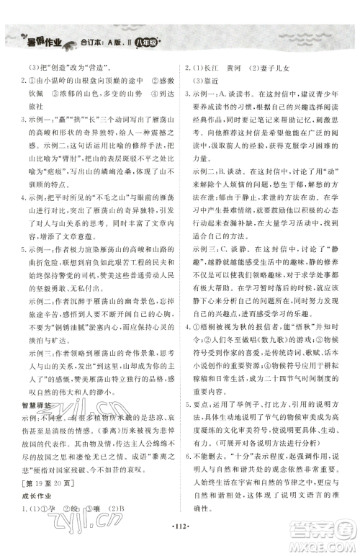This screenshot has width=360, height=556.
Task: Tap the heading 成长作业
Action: click(x=29, y=498)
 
